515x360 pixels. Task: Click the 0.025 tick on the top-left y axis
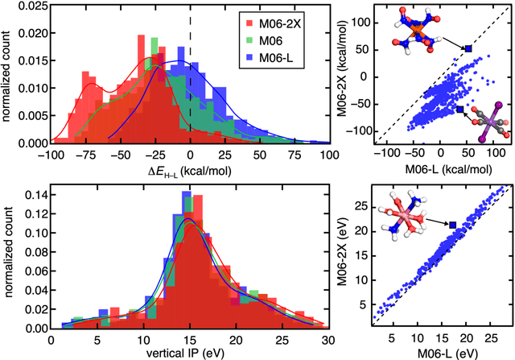tap(33, 8)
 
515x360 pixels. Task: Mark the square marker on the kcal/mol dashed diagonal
tap(468, 48)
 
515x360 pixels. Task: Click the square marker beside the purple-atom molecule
tap(459, 110)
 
